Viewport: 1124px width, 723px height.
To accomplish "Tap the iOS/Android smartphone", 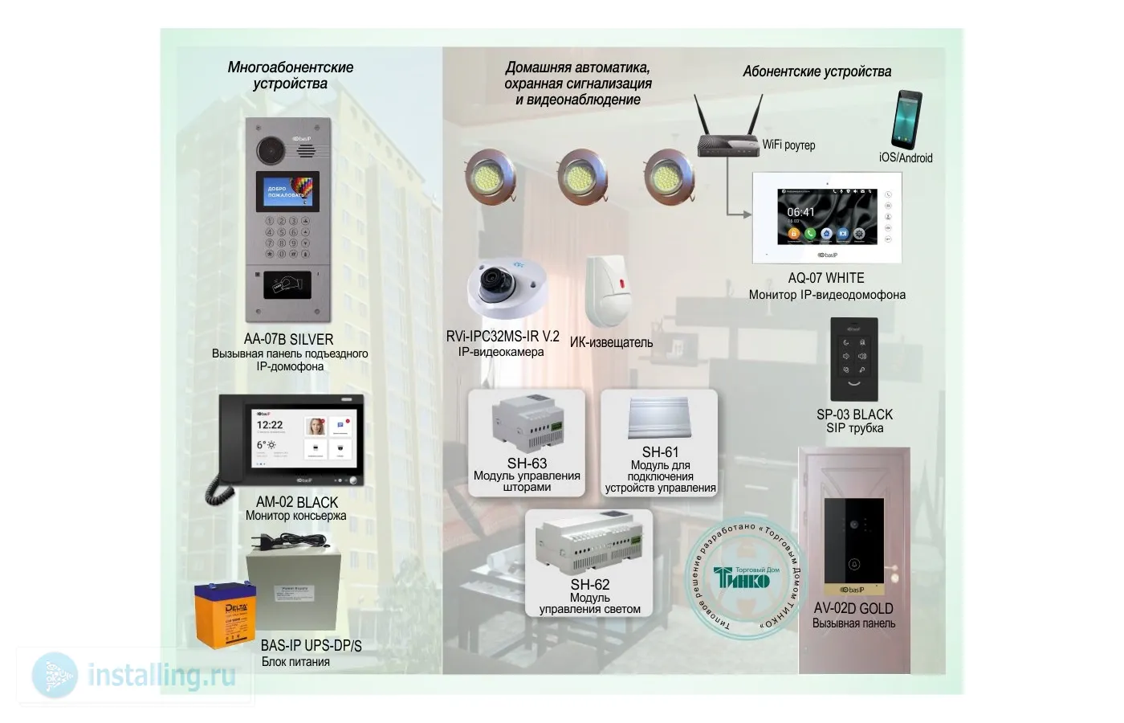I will tap(906, 120).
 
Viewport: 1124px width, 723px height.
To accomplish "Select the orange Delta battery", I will tap(225, 615).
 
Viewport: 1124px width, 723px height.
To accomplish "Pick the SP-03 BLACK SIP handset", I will tap(853, 358).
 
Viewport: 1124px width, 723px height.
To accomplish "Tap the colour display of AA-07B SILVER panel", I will tap(287, 191).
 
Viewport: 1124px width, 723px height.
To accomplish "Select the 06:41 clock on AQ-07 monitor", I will tap(800, 212).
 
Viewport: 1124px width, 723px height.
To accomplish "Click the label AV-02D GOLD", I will tap(853, 608).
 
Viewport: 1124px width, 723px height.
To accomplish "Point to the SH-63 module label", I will tap(527, 464).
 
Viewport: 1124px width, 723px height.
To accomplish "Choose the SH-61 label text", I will tap(660, 452).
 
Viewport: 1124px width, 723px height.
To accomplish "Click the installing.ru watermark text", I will tap(161, 676).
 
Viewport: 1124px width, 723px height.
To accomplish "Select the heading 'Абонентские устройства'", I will tap(817, 71).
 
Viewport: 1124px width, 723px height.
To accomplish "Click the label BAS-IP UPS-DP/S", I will tap(311, 646).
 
